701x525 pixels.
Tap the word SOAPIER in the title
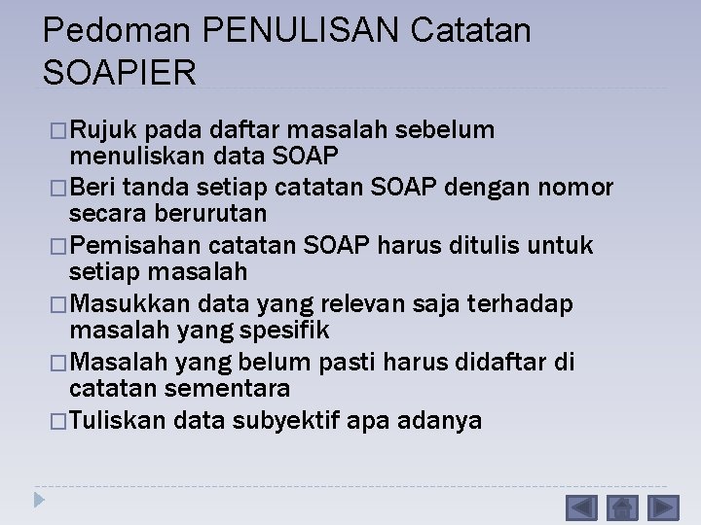(120, 71)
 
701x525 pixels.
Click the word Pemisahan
(136, 245)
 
